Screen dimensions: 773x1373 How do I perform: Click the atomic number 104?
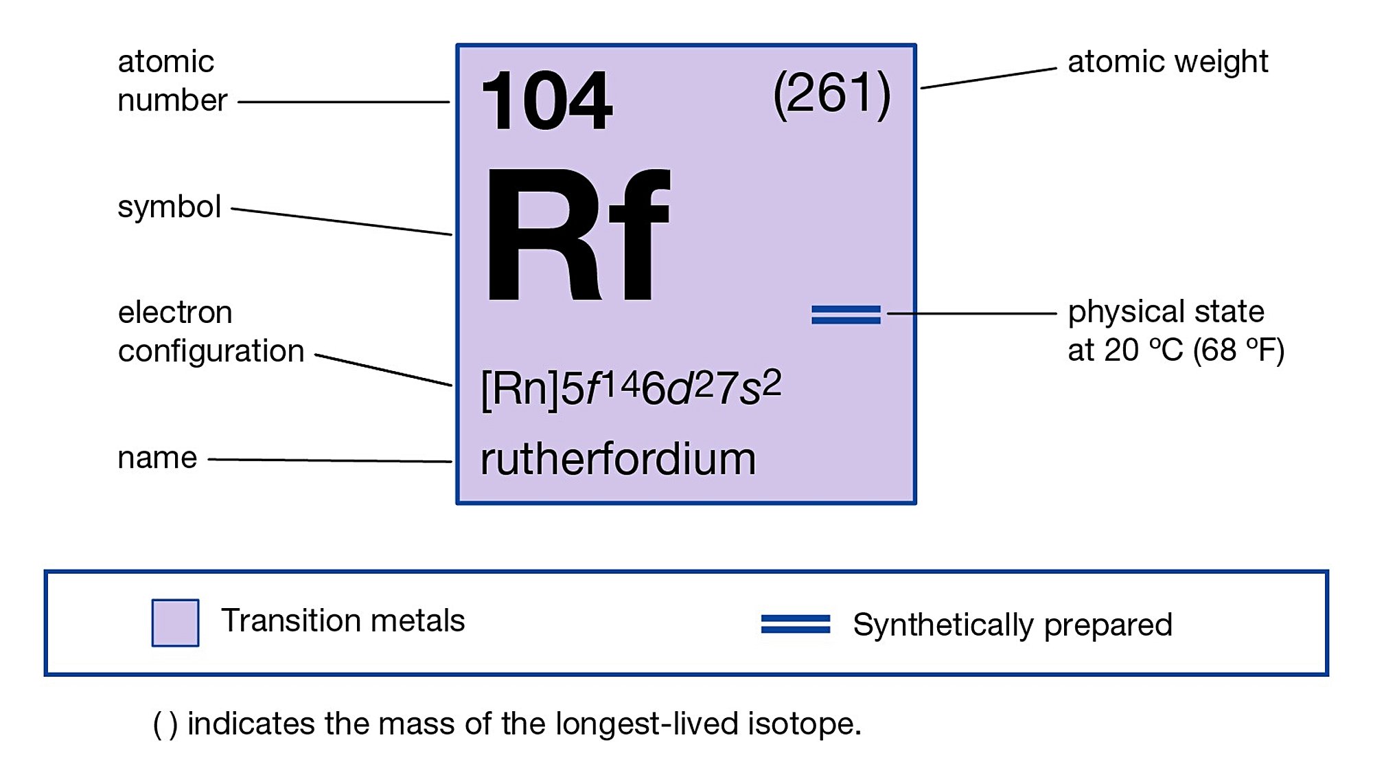[x=546, y=102]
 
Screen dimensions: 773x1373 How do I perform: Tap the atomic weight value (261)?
[x=831, y=93]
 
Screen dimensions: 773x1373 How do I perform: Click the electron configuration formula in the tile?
[x=630, y=388]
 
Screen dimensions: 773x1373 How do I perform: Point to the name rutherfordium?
[x=618, y=459]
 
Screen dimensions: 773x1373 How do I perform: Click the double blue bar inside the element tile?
[x=846, y=315]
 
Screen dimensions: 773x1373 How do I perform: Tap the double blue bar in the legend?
[x=795, y=624]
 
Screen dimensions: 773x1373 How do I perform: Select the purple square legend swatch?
[x=175, y=623]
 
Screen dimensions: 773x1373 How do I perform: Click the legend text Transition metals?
[x=343, y=620]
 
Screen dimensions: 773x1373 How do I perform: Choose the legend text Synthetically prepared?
[x=1012, y=625]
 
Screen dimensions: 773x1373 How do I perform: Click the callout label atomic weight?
[x=1167, y=62]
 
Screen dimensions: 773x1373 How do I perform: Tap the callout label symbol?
[x=169, y=207]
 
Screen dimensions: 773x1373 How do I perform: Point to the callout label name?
[x=157, y=458]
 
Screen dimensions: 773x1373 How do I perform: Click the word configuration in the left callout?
[x=211, y=351]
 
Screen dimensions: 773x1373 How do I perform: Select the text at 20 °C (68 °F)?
[x=1175, y=350]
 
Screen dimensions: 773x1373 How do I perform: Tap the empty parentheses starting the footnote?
[x=165, y=724]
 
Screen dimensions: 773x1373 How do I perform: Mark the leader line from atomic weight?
[x=988, y=78]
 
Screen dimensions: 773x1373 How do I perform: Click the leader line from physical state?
[x=971, y=313]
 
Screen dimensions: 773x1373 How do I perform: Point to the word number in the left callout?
[x=172, y=100]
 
